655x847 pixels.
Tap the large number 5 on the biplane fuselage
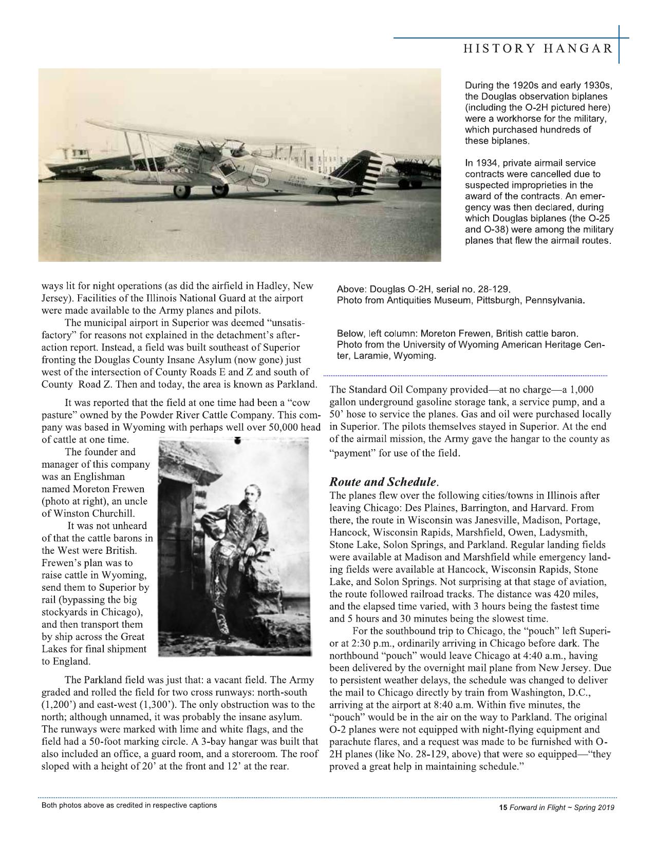pos(261,176)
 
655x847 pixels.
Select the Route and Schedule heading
pos(383,483)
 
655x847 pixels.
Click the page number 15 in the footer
pos(503,807)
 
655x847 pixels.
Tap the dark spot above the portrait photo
pos(237,440)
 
